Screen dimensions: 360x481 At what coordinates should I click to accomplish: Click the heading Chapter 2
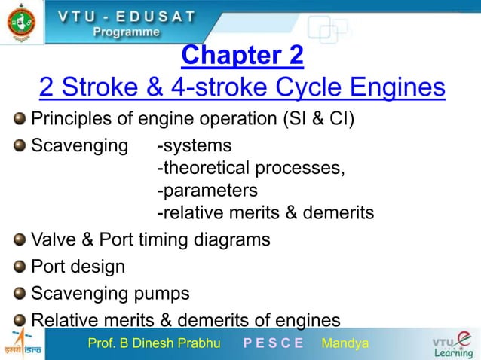click(x=243, y=56)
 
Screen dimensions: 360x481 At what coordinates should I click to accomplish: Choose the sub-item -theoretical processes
click(x=251, y=167)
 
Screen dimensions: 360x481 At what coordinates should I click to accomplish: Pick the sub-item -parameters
click(x=207, y=190)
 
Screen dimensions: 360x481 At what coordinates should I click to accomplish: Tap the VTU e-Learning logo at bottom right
click(x=452, y=345)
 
